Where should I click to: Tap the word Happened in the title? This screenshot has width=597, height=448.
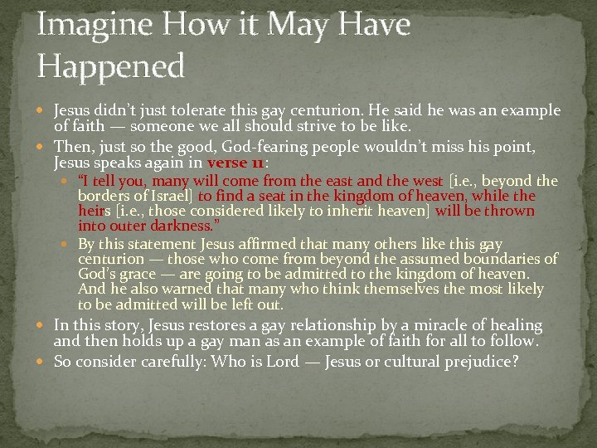pyautogui.click(x=110, y=66)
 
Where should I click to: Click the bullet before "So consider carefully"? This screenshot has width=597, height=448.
pyautogui.click(x=43, y=362)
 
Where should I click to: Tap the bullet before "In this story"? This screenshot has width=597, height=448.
pyautogui.click(x=43, y=326)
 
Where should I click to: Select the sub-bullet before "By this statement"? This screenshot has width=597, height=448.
pyautogui.click(x=68, y=245)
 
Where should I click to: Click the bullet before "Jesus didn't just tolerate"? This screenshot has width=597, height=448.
pyautogui.click(x=43, y=111)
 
